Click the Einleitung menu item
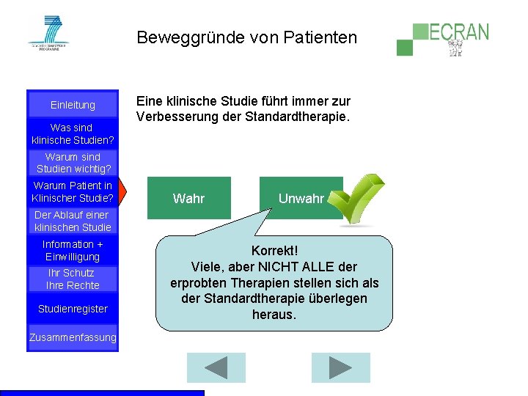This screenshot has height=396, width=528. [73, 105]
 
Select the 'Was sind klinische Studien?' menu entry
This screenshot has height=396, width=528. [73, 133]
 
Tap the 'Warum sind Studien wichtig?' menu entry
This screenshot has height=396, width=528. [73, 163]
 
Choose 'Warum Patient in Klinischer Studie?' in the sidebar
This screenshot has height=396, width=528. [73, 191]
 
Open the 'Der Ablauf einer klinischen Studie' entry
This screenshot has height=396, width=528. [72, 221]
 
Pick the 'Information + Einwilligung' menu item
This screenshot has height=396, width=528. [73, 250]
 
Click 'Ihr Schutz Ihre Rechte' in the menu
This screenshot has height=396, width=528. [73, 279]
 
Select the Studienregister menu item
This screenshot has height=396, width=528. [73, 309]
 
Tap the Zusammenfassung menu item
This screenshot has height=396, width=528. [73, 337]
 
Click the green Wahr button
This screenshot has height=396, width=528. [188, 198]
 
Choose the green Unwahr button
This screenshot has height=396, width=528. [301, 198]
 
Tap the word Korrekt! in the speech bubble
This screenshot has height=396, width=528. [274, 251]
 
